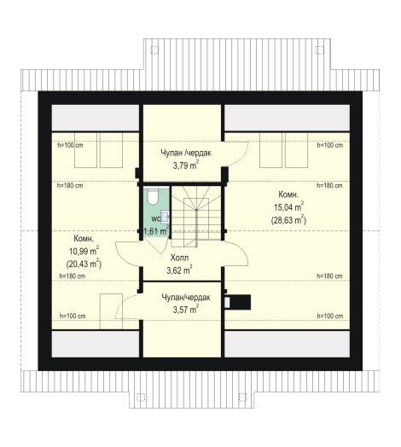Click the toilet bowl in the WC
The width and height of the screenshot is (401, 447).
153,196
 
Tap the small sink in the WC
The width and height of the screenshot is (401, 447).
166,218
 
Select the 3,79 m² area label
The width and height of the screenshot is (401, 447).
186,165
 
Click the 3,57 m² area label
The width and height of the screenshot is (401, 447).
186,310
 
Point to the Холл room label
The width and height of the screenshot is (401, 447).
179,258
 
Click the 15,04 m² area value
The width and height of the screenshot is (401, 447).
288,207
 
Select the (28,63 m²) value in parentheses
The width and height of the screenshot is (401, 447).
288,220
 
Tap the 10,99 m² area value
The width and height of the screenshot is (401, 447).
84,251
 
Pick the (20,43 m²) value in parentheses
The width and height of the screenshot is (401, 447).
84,264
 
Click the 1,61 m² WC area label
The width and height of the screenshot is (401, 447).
156,230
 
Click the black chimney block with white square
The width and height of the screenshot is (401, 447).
237,302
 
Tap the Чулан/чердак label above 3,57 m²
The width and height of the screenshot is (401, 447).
186,298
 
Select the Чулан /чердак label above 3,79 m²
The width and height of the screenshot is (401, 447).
186,153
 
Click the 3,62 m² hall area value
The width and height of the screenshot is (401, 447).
179,270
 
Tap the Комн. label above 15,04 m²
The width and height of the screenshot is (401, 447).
288,194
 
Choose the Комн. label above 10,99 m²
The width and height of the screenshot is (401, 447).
84,239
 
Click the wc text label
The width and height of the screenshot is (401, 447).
156,219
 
